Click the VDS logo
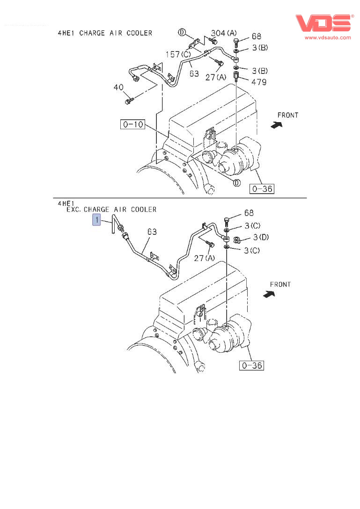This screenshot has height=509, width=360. click(x=323, y=23)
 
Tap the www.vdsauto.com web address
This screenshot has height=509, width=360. click(x=328, y=37)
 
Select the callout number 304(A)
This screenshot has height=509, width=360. click(x=224, y=33)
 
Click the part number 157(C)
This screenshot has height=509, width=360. click(x=178, y=55)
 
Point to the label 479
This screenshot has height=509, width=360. click(x=259, y=82)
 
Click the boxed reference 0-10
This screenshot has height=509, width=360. click(x=132, y=124)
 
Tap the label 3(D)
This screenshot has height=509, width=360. click(x=261, y=237)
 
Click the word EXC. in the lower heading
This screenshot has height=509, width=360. click(x=73, y=210)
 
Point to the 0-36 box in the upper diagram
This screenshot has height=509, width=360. click(x=262, y=189)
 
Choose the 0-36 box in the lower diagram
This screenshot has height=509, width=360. click(x=251, y=365)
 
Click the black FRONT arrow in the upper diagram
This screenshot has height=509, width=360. click(x=277, y=124)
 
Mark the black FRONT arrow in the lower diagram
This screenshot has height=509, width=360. click(x=269, y=294)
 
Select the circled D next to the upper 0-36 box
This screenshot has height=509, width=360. click(x=237, y=182)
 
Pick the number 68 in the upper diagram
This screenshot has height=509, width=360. click(x=256, y=36)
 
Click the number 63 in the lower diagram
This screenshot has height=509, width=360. click(x=152, y=232)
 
